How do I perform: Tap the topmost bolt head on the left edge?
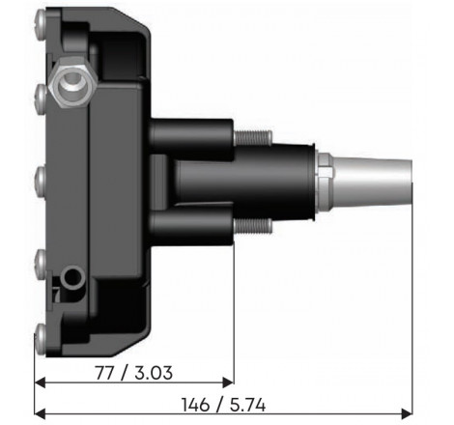pos(41,19)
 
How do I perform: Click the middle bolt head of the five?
pos(41,178)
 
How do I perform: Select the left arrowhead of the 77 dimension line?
pos(40,383)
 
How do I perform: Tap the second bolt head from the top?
pos(41,94)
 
